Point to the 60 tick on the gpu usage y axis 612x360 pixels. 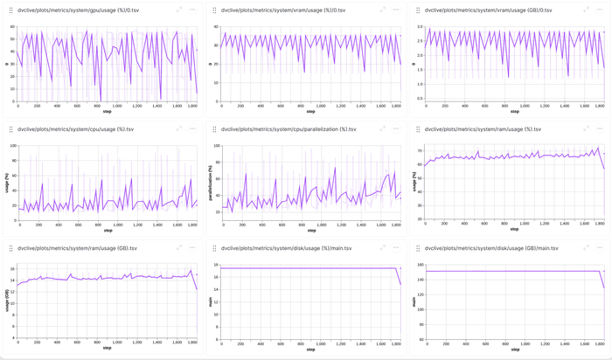click(x=12, y=27)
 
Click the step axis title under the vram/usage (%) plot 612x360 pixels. click(x=311, y=112)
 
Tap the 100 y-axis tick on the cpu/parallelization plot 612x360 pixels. click(x=216, y=146)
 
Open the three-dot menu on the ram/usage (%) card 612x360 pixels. click(x=601, y=129)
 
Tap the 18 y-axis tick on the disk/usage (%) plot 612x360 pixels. click(x=216, y=266)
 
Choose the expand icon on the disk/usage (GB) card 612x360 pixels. click(x=588, y=248)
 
